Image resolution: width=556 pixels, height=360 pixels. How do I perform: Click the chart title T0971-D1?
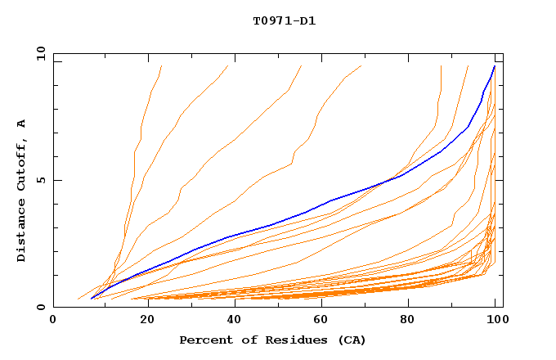pos(284,20)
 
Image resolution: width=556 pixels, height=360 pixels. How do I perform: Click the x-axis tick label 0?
pos(53,320)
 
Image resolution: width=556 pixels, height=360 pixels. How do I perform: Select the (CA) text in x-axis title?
pos(350,340)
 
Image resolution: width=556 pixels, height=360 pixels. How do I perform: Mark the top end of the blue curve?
pos(494,66)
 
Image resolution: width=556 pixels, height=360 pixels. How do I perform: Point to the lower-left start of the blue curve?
pos(92,299)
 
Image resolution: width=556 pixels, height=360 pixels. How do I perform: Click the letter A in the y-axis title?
pos(21,123)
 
